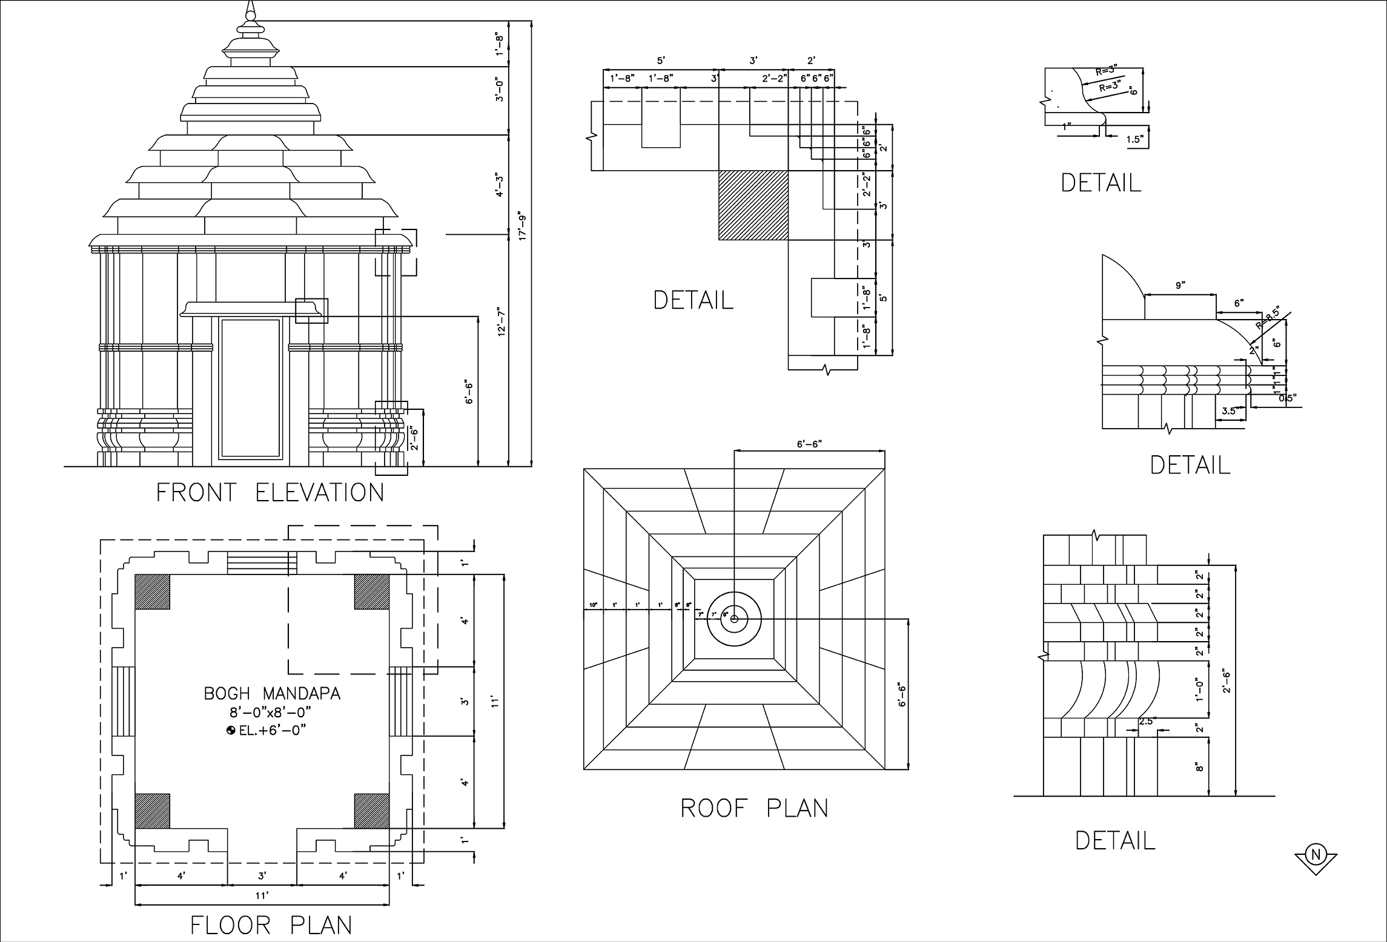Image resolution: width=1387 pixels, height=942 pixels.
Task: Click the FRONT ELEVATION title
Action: [x=270, y=493]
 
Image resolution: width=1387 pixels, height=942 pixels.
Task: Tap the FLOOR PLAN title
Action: [x=271, y=925]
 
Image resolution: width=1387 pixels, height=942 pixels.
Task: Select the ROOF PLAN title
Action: [x=755, y=808]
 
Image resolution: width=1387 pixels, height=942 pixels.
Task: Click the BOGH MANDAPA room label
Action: [x=272, y=694]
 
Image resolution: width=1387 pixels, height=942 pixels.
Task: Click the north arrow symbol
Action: [x=1315, y=855]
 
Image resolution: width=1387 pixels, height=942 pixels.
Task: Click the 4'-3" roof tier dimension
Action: [x=500, y=185]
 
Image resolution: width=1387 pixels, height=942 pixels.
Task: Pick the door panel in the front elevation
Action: [x=251, y=388]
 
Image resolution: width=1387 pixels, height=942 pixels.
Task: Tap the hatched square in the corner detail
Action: [x=753, y=206]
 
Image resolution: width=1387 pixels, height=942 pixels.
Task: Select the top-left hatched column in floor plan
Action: [x=152, y=591]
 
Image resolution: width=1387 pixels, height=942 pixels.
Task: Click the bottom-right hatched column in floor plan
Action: [x=371, y=811]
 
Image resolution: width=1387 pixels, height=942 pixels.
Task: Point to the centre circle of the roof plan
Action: [x=734, y=619]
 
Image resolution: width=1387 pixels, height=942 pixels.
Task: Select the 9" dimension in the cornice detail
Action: [x=1179, y=286]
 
